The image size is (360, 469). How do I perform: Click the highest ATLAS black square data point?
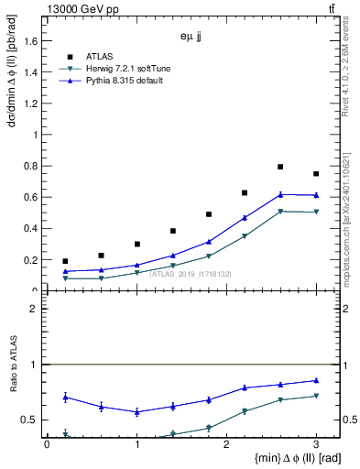[x=280, y=167]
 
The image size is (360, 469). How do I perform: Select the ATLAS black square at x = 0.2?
[x=65, y=261]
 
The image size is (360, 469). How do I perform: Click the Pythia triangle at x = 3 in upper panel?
[x=316, y=195]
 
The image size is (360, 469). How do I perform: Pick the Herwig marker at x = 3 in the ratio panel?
[x=316, y=396]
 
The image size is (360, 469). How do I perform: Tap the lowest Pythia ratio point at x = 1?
[x=136, y=412]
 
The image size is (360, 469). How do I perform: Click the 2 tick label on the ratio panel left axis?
[x=33, y=309]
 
